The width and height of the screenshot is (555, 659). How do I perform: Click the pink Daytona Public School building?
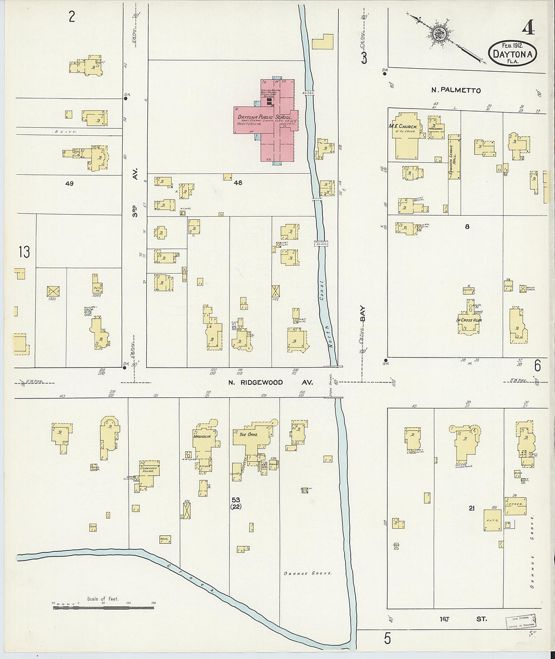pos(272,121)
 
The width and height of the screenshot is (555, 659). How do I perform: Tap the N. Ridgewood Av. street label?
pos(269,383)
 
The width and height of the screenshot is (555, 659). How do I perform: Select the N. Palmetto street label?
pos(456,90)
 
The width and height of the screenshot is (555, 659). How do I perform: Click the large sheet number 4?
pos(528,29)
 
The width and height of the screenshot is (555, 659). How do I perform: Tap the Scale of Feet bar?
pos(103,605)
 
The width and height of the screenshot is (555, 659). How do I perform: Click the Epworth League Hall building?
pos(454,157)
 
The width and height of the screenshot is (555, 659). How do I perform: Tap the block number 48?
pos(238,183)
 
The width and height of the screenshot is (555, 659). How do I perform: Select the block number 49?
pos(69,183)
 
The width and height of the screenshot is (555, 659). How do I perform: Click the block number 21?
pos(471,509)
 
